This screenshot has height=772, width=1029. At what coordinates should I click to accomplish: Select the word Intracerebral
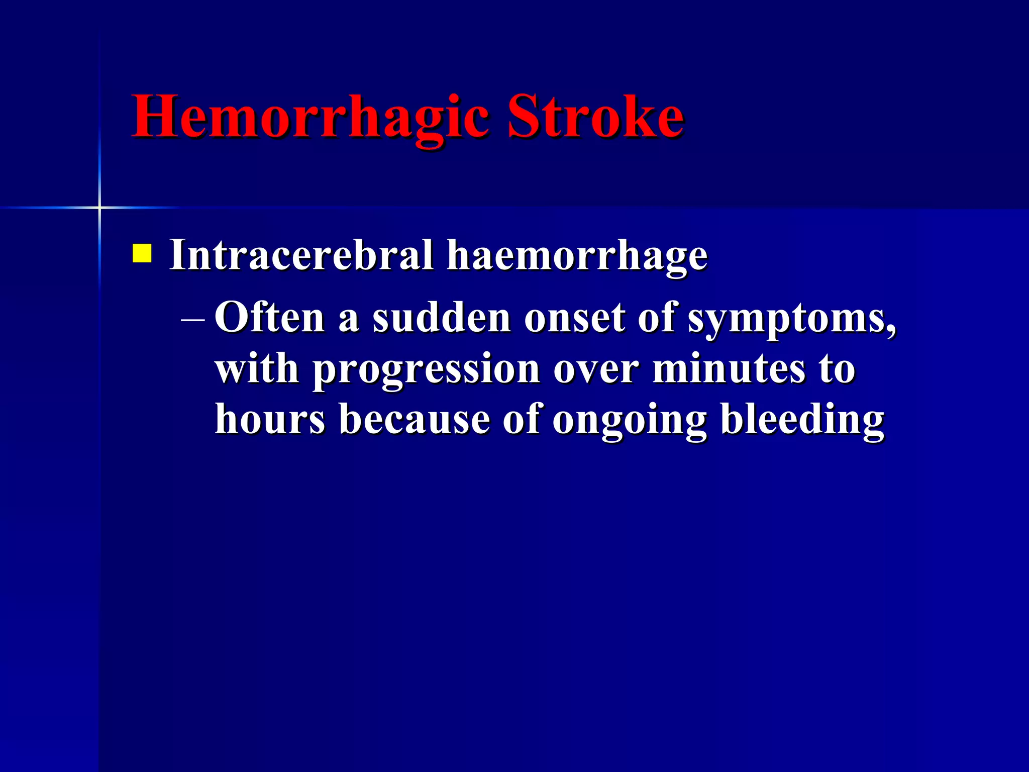click(x=301, y=255)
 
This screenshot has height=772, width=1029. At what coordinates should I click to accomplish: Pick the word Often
click(x=270, y=318)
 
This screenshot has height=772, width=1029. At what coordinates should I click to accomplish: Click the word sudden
click(x=441, y=318)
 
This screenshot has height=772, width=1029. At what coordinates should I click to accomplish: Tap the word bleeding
click(x=802, y=420)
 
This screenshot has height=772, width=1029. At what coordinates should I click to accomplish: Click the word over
click(x=596, y=369)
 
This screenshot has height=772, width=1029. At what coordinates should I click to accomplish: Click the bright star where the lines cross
click(x=99, y=207)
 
